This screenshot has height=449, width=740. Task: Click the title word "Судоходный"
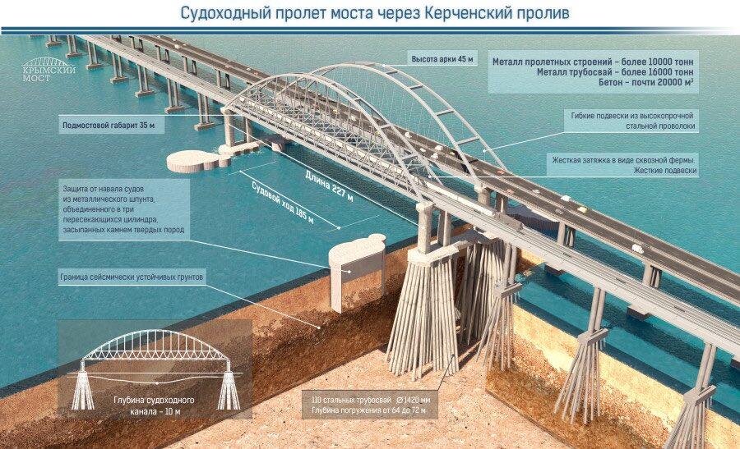tap(226, 13)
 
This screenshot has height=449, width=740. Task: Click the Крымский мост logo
tap(49, 69)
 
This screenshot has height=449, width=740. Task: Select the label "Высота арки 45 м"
tap(442, 60)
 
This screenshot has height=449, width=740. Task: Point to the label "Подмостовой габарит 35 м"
tap(109, 126)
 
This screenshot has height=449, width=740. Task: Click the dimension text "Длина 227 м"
tap(329, 186)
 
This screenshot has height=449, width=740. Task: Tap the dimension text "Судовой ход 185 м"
tap(283, 202)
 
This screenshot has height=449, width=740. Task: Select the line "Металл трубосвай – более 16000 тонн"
tap(615, 72)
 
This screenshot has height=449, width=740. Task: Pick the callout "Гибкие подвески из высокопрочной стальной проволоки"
tap(632, 121)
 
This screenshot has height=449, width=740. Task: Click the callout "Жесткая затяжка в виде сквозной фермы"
tap(624, 160)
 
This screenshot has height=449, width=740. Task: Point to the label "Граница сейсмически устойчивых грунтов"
tap(132, 277)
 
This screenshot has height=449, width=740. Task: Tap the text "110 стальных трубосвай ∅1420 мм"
tap(371, 401)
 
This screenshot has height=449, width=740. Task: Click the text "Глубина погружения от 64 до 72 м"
tap(368, 410)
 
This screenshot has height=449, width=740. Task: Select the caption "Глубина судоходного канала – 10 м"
tap(155, 406)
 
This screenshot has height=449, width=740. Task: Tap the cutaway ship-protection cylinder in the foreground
tap(357, 273)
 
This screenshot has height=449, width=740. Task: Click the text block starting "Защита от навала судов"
tap(123, 209)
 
